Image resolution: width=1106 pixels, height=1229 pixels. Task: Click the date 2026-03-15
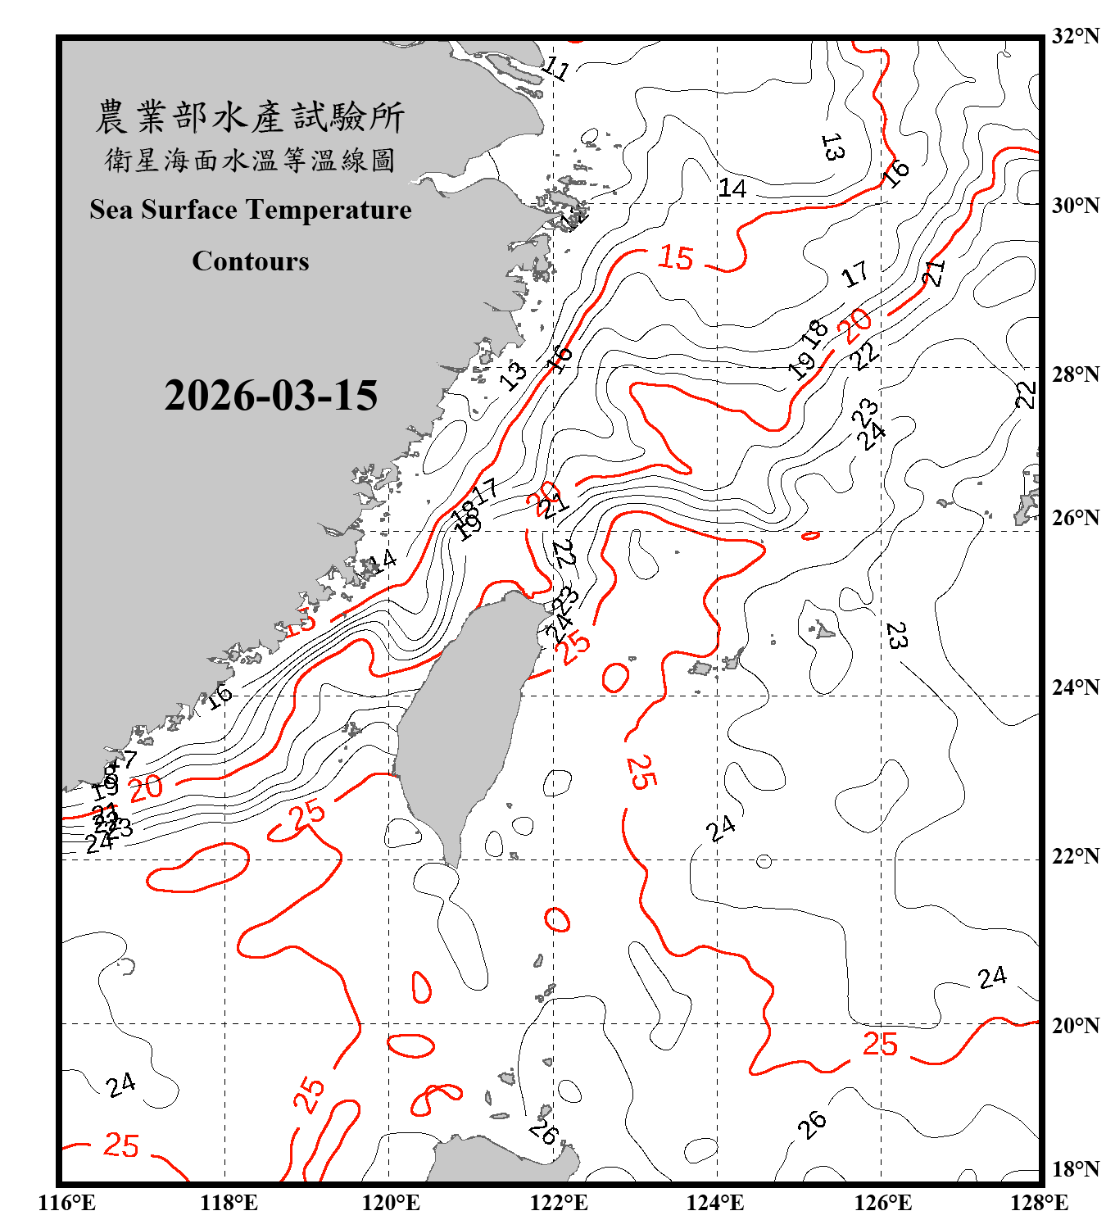(271, 396)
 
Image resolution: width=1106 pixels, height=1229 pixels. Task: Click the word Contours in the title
(251, 261)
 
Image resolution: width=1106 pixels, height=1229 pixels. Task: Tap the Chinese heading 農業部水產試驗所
(250, 116)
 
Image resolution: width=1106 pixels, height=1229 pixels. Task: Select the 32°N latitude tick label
(1075, 36)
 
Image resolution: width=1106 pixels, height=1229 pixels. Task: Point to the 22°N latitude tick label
(1075, 856)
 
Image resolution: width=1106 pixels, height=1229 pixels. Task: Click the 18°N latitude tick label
(1075, 1169)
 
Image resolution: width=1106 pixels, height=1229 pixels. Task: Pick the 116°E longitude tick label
(67, 1203)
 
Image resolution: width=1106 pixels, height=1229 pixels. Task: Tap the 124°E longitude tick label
(715, 1203)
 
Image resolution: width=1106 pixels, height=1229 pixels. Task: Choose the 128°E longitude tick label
(1039, 1203)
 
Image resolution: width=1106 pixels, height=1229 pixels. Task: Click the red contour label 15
(676, 258)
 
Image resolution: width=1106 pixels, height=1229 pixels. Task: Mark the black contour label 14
(732, 189)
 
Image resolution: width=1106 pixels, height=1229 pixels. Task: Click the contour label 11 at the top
(557, 68)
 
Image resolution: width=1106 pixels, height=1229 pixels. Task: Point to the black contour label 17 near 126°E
(854, 274)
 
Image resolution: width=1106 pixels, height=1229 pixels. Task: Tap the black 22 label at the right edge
(1025, 395)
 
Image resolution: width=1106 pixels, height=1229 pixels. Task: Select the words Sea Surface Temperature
(251, 210)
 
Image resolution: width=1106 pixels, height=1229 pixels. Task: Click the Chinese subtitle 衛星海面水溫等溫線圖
(250, 161)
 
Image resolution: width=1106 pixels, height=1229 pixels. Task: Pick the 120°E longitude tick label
(391, 1203)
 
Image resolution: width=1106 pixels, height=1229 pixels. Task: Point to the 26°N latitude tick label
(1075, 518)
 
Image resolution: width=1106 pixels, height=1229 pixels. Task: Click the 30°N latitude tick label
(1075, 206)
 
